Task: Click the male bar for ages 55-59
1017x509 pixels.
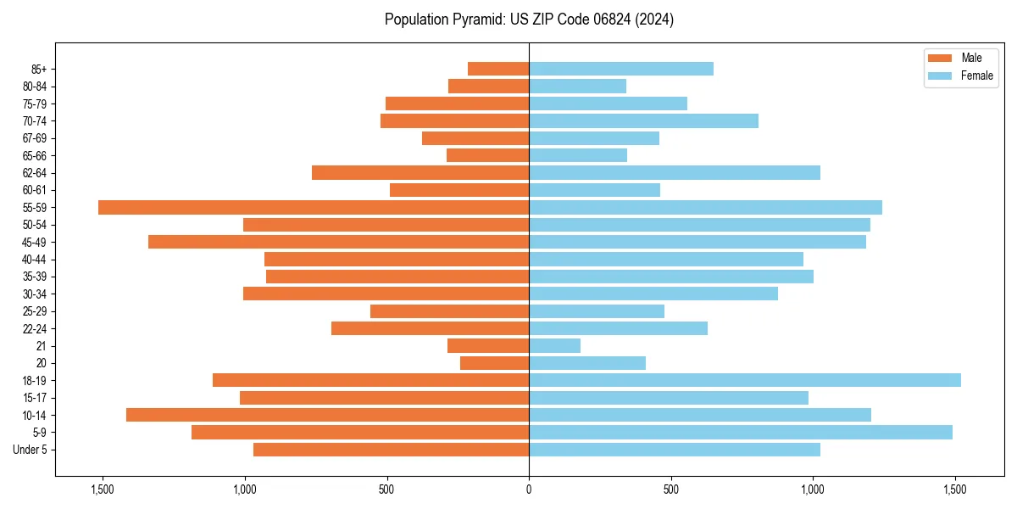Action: tap(314, 207)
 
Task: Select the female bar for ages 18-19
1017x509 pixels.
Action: tap(744, 380)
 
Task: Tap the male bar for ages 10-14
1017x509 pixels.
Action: tap(327, 415)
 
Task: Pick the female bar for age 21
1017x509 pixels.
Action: tap(554, 345)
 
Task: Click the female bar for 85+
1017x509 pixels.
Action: tap(620, 69)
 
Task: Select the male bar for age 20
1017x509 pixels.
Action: tap(494, 363)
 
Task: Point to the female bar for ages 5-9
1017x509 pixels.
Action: tap(740, 432)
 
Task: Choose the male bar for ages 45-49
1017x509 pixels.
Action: tap(338, 242)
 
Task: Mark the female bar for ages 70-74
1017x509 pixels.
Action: tap(643, 120)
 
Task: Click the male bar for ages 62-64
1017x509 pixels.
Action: tap(420, 172)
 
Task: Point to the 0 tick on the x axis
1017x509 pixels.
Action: tap(529, 489)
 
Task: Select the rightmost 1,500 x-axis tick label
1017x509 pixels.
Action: tap(955, 489)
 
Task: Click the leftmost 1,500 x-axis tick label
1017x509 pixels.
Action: tap(103, 489)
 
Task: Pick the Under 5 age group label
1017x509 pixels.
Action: tap(31, 450)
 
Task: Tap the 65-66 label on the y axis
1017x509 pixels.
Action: tap(35, 155)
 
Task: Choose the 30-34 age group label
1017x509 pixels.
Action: tap(35, 294)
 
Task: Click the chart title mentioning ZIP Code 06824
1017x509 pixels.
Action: tap(529, 20)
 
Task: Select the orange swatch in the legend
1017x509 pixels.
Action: tap(941, 58)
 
